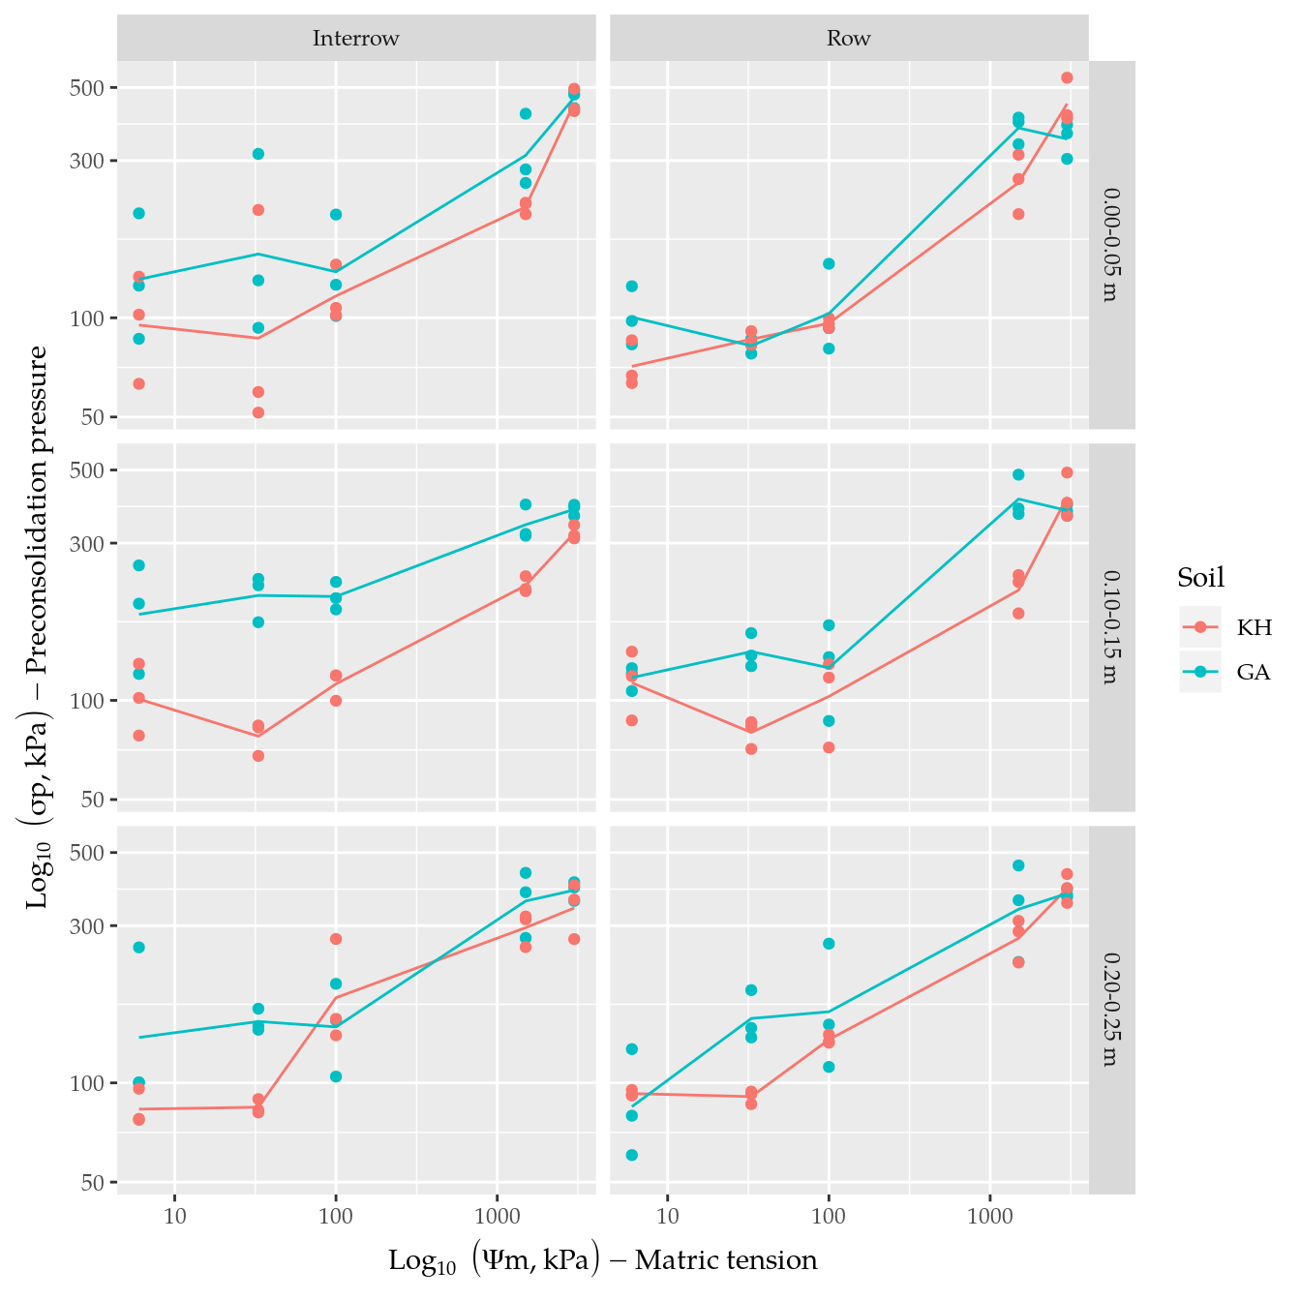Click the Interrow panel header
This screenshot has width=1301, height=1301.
tap(355, 39)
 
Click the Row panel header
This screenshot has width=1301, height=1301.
tap(848, 39)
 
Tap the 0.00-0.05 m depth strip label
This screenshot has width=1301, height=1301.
tap(1111, 245)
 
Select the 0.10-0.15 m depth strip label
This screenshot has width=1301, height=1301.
tap(1111, 627)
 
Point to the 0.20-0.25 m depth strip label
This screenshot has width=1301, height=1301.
tap(1111, 1010)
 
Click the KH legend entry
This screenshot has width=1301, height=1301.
tap(1254, 627)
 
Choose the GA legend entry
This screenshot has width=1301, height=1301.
tap(1254, 672)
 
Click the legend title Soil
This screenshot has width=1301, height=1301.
tap(1200, 578)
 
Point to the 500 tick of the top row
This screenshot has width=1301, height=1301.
tap(91, 88)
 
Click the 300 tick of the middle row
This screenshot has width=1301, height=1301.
tap(91, 544)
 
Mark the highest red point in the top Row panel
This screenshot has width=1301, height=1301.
tap(1067, 77)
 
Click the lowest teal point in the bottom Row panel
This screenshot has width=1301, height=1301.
tap(632, 1155)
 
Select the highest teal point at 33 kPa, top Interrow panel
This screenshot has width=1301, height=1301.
tap(258, 154)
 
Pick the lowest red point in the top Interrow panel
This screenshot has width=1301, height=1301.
tap(258, 412)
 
